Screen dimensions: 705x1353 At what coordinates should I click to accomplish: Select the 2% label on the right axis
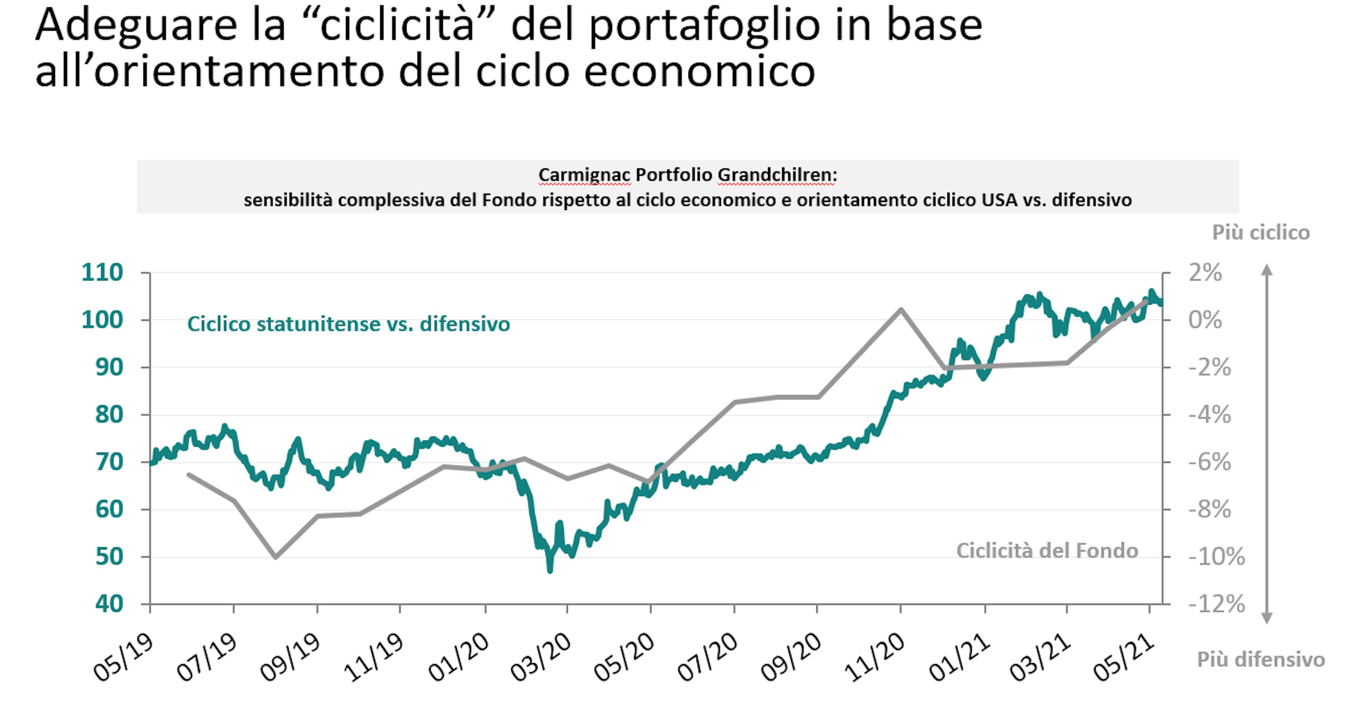pos(1205,273)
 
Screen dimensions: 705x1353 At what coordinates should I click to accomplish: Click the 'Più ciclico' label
pos(1261,232)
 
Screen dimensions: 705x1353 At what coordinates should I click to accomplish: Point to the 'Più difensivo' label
pos(1261,659)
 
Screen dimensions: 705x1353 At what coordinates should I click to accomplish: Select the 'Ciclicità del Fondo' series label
pos(1047,551)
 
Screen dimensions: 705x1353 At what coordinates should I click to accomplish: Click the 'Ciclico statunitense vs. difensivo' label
pos(348,324)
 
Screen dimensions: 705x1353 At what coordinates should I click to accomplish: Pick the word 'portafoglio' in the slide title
pos(704,25)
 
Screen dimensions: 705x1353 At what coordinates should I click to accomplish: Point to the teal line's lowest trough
pos(550,570)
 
